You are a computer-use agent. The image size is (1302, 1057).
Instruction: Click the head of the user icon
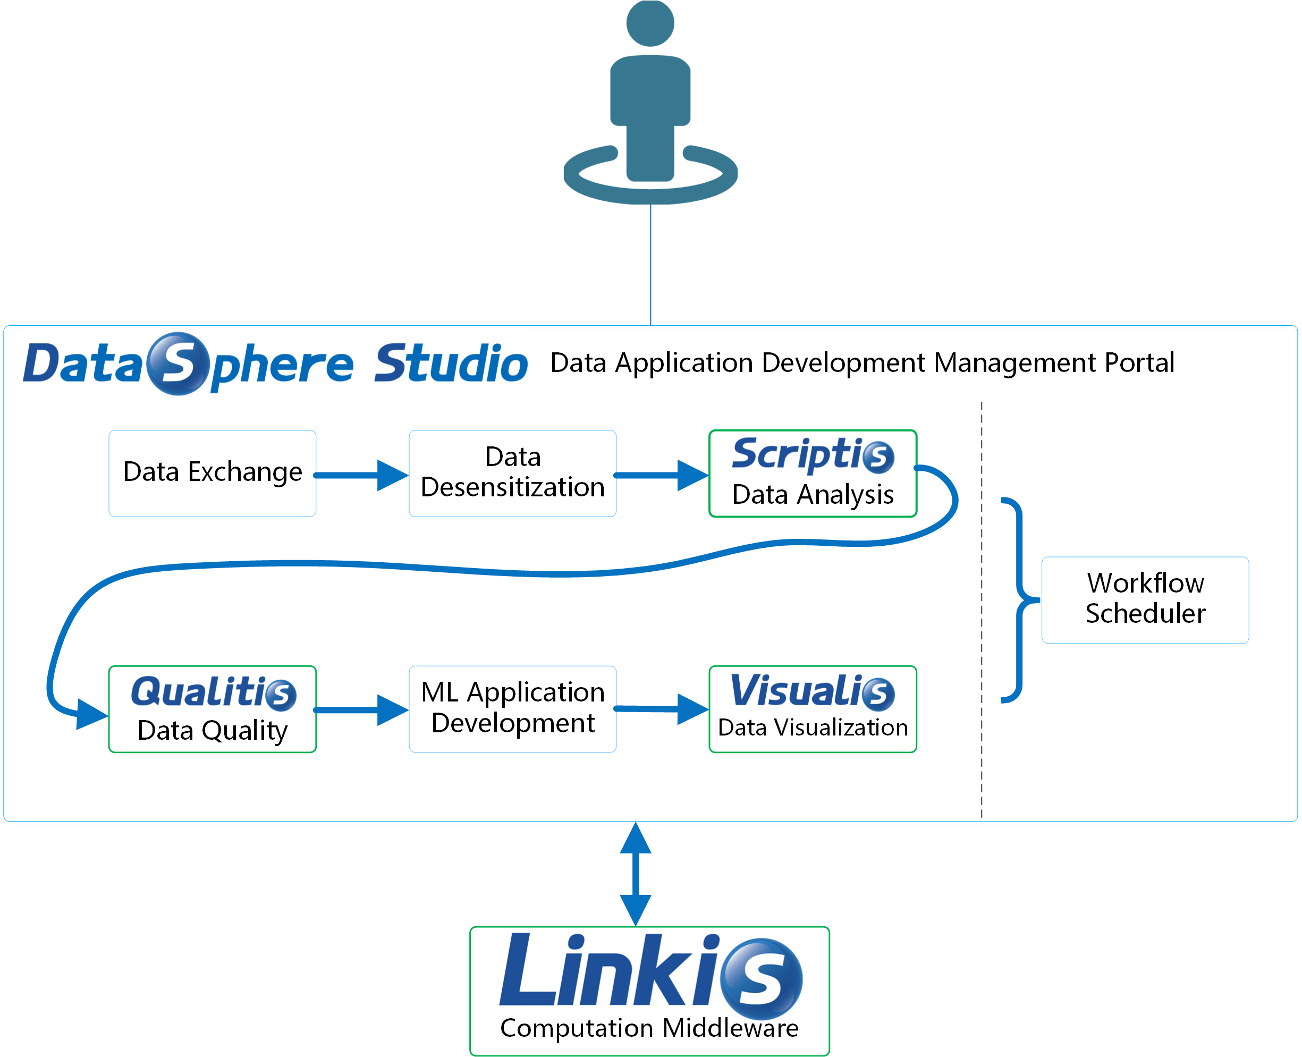pos(650,23)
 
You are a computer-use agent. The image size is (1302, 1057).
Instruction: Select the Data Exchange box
pos(212,473)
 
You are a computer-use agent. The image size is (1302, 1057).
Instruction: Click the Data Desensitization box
pos(512,473)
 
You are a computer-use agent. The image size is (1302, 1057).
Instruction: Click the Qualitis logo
pos(213,692)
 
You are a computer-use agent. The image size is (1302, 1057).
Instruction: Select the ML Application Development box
pos(512,708)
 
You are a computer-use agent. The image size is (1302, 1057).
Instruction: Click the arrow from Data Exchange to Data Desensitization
pos(362,475)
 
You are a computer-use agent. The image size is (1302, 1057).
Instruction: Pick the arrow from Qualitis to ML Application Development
pos(362,710)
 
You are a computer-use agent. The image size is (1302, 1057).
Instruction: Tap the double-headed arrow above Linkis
pos(635,874)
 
